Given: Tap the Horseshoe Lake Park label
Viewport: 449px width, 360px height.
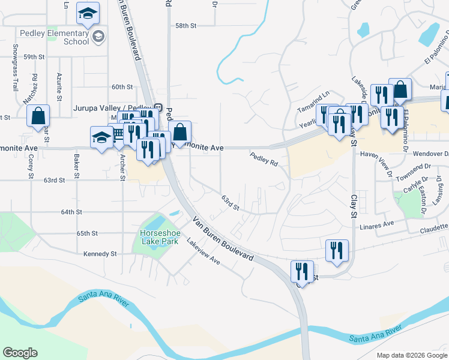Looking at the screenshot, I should pos(160,237).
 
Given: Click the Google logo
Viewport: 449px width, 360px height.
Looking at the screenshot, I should pos(20,353).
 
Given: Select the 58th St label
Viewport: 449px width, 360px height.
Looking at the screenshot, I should pos(186,26).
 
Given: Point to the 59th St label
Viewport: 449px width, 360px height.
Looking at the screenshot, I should pos(35,56).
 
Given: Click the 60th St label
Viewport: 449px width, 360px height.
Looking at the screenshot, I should pos(122,87).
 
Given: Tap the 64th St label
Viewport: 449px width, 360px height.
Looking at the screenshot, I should pos(71,212).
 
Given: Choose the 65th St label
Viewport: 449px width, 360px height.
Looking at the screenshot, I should pos(87,233).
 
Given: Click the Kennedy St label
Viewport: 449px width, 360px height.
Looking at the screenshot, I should pos(100,254).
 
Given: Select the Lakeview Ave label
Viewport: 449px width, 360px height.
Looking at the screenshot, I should pos(203,253).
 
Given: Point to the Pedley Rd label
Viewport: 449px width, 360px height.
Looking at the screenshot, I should pos(264,159).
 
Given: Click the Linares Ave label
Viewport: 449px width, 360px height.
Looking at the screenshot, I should pos(376,224).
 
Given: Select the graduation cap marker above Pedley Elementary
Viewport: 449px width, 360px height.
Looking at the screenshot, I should pos(88,14).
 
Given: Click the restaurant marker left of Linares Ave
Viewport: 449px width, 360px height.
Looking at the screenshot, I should pos(337,250).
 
